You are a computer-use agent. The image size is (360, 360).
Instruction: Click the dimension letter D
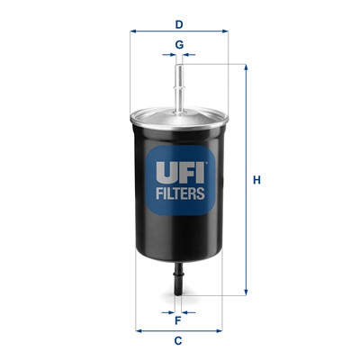tap(179, 13)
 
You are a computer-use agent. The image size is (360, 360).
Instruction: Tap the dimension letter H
tap(256, 180)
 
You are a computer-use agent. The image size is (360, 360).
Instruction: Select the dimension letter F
tap(178, 319)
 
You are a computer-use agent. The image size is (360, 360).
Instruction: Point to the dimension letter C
tap(178, 339)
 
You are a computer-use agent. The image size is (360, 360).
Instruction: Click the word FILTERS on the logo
tap(180, 192)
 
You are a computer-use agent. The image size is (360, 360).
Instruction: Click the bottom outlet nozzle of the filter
tap(178, 279)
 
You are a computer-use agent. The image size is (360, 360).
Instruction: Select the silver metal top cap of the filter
tap(179, 114)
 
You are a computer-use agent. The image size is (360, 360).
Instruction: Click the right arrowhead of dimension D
tap(225, 30)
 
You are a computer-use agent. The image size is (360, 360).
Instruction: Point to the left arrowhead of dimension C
tap(138, 329)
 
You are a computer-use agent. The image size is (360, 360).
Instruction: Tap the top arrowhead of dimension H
tap(245, 67)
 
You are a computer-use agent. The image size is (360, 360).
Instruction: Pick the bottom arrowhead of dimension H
tap(245, 292)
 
